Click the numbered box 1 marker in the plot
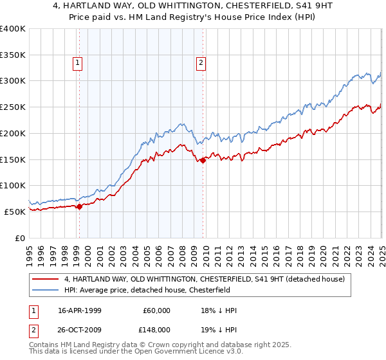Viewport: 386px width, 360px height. pos(78,62)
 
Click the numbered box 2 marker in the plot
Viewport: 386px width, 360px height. pos(201,62)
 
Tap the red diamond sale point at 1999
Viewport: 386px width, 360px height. pos(79,206)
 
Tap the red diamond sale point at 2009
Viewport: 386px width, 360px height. pos(203,161)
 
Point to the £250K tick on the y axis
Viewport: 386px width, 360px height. pos(13,107)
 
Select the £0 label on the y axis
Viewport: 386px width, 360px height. pos(21,237)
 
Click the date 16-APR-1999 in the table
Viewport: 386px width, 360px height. pos(80,310)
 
